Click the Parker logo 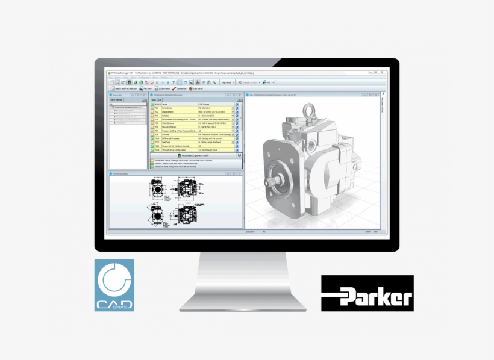pyautogui.click(x=367, y=293)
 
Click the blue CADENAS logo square pyautogui.click(x=114, y=285)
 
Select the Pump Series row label pyautogui.click(x=169, y=108)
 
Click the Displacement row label pyautogui.click(x=169, y=112)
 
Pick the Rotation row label pyautogui.click(x=167, y=116)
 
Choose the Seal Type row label pyautogui.click(x=167, y=141)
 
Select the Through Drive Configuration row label pyautogui.click(x=175, y=150)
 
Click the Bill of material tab pyautogui.click(x=116, y=100)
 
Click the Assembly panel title pyautogui.click(x=117, y=95)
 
